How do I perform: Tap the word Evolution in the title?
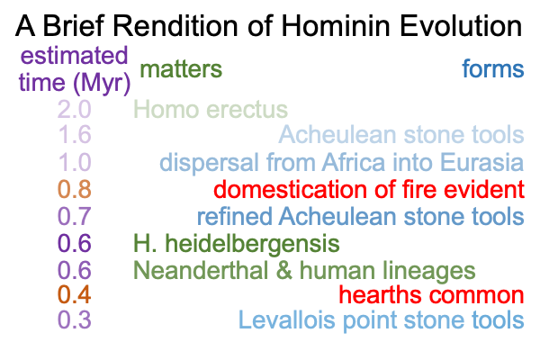[461, 26]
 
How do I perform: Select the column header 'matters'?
[181, 69]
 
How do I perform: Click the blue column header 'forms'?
[493, 68]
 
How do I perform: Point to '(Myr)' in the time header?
[102, 84]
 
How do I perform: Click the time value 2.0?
[75, 110]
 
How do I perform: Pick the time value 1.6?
[75, 134]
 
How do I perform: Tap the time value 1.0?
[75, 162]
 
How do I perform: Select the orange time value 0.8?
[75, 189]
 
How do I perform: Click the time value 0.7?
[75, 216]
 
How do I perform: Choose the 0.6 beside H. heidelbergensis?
[75, 243]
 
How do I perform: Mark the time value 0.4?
[75, 294]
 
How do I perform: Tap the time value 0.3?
[75, 319]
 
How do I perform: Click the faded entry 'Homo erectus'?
[211, 110]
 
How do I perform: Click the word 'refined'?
[235, 216]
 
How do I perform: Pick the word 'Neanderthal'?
[201, 270]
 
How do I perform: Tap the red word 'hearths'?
[380, 294]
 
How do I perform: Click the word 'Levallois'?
[286, 319]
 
